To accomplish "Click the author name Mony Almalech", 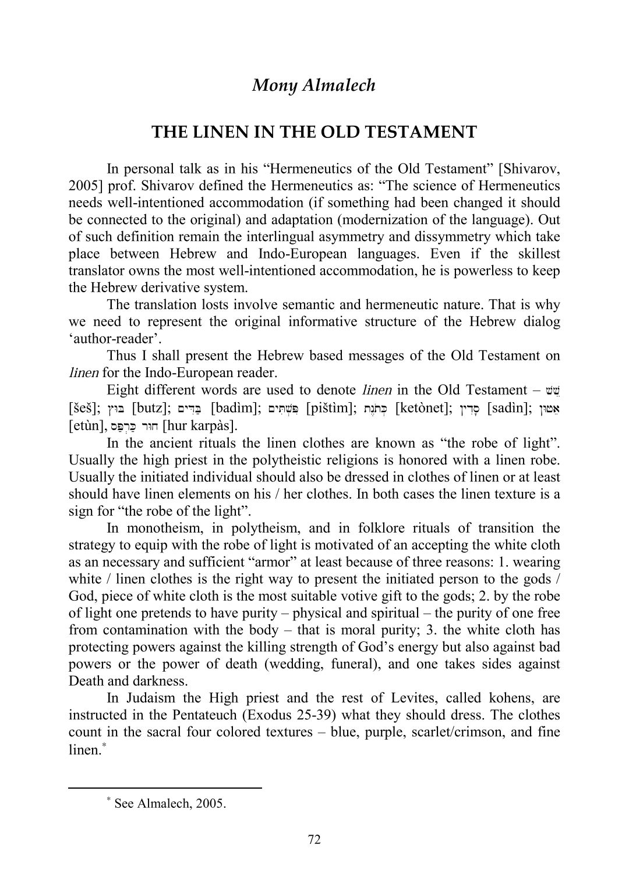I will [314, 86].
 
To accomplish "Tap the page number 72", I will [314, 839].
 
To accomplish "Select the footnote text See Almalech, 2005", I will [169, 804].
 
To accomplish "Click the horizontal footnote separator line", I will [165, 788].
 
